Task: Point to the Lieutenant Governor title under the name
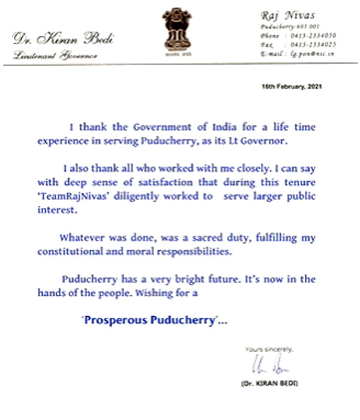click(x=45, y=55)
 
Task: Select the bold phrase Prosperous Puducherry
click(x=149, y=320)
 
